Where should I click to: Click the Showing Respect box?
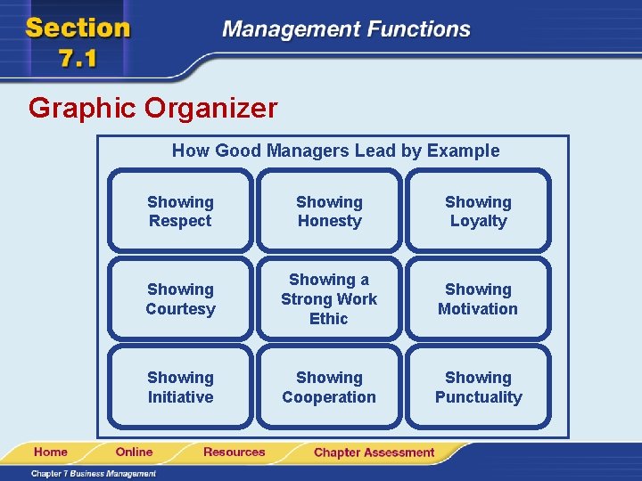click(180, 212)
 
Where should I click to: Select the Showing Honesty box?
click(329, 212)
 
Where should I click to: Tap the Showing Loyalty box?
click(478, 212)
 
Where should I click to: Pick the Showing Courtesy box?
click(180, 299)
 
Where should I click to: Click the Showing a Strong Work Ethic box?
click(329, 299)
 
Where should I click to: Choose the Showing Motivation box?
click(478, 299)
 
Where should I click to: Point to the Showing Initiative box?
click(180, 387)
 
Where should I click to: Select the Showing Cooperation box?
click(329, 387)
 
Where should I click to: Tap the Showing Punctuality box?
click(478, 387)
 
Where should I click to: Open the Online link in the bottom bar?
click(134, 452)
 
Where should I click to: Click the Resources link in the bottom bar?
click(234, 452)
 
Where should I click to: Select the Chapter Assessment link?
click(374, 452)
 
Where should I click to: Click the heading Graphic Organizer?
click(152, 109)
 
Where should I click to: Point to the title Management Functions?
click(346, 29)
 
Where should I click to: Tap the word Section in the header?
click(78, 28)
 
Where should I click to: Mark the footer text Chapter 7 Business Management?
click(93, 474)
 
